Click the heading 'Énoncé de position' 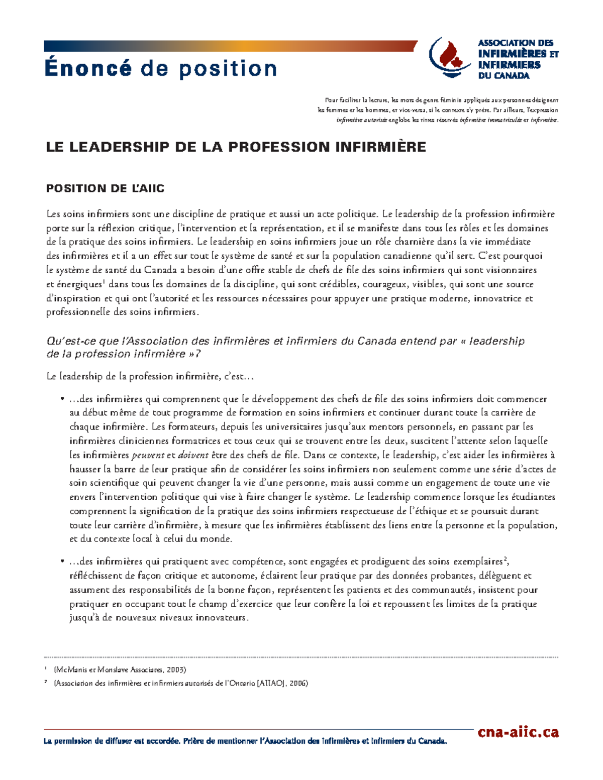[x=161, y=68]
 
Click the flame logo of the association [x=450, y=57]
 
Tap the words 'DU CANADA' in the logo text [x=504, y=76]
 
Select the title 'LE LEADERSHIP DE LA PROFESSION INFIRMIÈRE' [x=236, y=147]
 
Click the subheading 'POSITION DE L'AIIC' [x=105, y=189]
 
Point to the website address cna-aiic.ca [x=518, y=732]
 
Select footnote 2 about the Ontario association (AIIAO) [x=180, y=683]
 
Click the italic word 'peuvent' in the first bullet [x=148, y=456]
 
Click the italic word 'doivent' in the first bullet [x=193, y=456]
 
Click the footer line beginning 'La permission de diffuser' [x=245, y=741]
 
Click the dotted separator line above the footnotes [x=301, y=657]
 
